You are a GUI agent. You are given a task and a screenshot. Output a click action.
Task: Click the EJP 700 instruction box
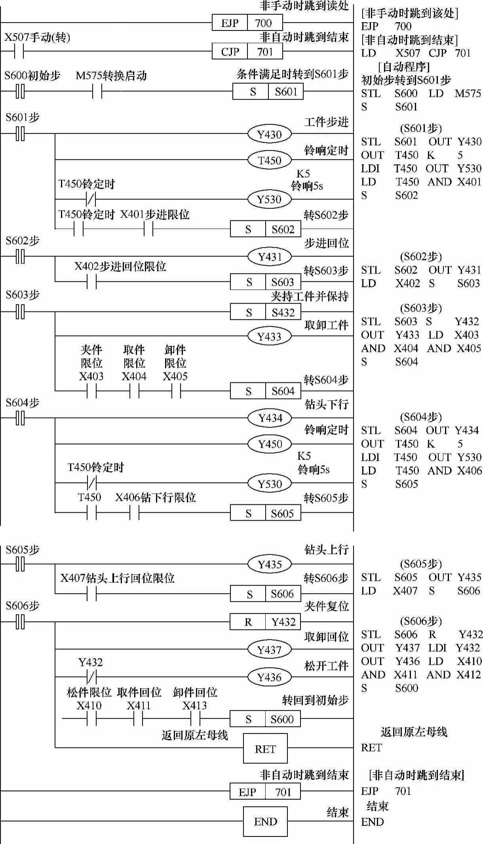tap(247, 23)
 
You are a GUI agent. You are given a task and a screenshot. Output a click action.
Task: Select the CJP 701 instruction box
tap(247, 52)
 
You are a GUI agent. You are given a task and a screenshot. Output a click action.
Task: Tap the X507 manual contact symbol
tap(19, 52)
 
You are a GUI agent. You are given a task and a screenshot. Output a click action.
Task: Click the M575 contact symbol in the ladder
tap(97, 92)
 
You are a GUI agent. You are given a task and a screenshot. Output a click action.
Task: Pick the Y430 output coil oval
tap(269, 134)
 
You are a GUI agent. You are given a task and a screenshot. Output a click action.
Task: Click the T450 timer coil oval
tap(269, 160)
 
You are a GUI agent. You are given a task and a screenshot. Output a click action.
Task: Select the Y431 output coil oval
tap(269, 257)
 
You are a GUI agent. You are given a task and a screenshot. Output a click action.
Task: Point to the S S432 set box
tap(265, 312)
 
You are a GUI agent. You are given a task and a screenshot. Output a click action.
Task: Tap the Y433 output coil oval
tap(269, 336)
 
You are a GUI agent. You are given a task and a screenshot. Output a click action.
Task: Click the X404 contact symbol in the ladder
tap(135, 391)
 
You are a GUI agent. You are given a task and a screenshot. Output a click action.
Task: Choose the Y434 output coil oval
tap(270, 418)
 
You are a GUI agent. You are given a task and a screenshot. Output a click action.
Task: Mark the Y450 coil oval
tap(270, 444)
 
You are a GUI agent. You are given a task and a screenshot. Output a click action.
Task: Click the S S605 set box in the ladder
tap(265, 514)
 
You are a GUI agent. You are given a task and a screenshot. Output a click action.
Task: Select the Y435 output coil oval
tap(269, 564)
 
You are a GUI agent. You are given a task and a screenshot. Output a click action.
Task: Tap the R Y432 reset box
tap(265, 622)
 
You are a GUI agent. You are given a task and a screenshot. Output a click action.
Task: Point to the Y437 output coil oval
tap(269, 649)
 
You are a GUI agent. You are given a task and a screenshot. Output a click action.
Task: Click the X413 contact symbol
tap(195, 718)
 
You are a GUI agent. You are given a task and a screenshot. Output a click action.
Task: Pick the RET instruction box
tap(265, 749)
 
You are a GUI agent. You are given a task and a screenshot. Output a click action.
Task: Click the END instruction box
tap(265, 821)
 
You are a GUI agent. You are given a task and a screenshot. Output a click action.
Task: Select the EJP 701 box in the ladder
tap(265, 792)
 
